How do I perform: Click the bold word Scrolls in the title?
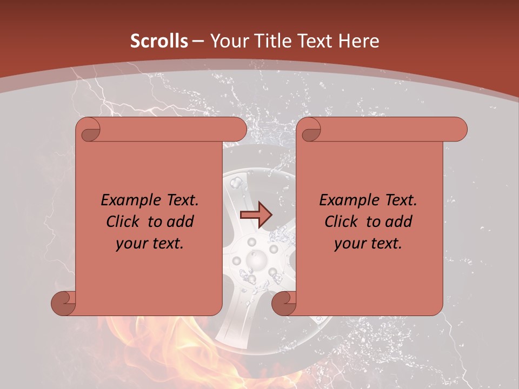159,41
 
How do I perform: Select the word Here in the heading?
358,41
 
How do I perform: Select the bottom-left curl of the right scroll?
284,303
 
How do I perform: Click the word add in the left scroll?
181,222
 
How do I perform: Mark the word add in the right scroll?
399,222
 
